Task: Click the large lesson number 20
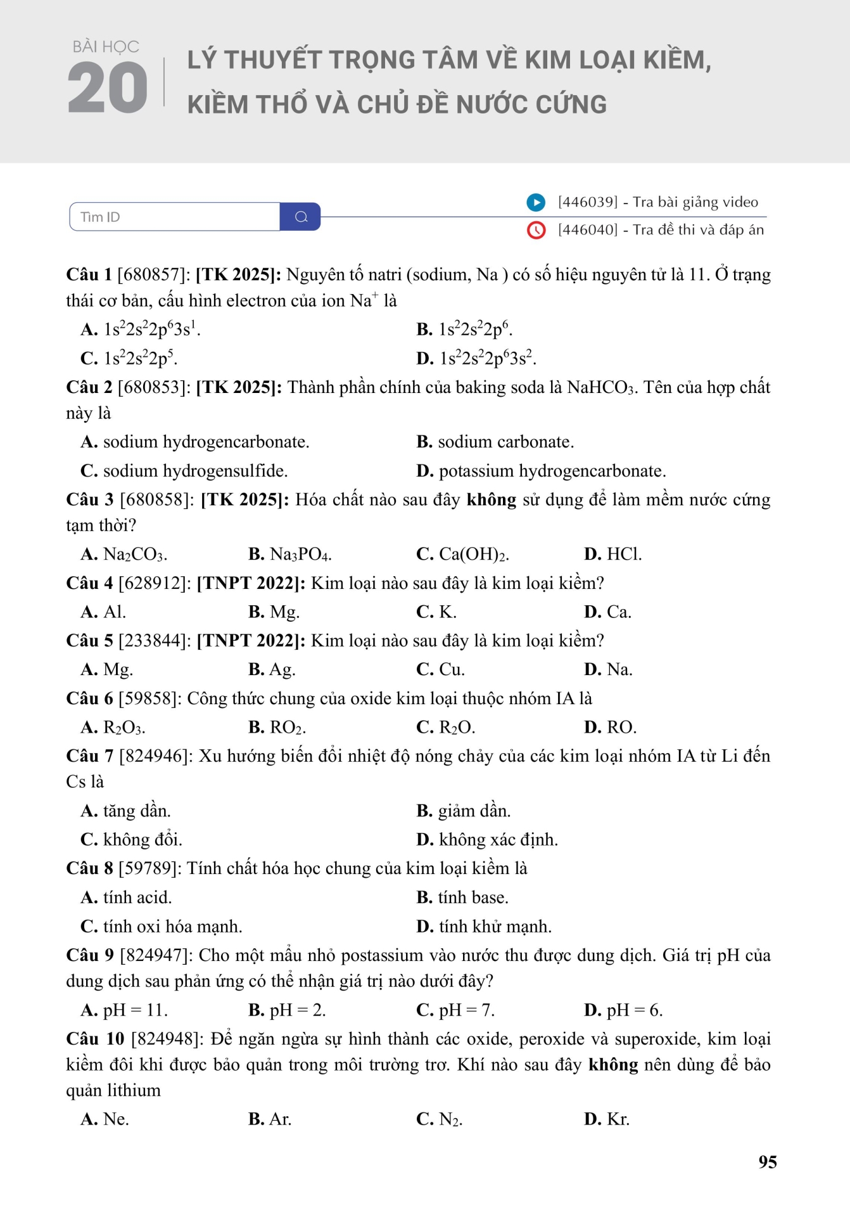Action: (x=107, y=88)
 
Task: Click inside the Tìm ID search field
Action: (x=174, y=217)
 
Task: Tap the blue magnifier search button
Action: (x=301, y=217)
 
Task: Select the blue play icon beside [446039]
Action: (x=536, y=202)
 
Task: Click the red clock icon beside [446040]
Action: (x=536, y=230)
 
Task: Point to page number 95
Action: (x=767, y=1162)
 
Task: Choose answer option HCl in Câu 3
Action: (x=623, y=555)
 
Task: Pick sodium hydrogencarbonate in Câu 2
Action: (x=205, y=442)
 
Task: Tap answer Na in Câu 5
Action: (x=619, y=670)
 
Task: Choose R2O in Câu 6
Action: (x=456, y=728)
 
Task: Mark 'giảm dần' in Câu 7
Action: (x=473, y=811)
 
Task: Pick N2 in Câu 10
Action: (x=450, y=1119)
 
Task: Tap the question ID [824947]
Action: (x=156, y=956)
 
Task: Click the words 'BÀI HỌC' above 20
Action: (x=106, y=47)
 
